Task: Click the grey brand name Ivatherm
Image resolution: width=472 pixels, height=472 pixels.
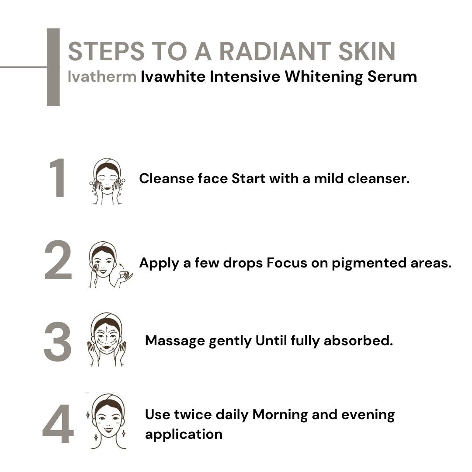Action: pyautogui.click(x=102, y=77)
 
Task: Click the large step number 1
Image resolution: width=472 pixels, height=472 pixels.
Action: pyautogui.click(x=59, y=179)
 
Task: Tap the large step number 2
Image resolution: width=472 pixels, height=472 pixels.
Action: pyautogui.click(x=58, y=261)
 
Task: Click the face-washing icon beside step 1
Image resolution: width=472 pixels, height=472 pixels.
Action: pyautogui.click(x=107, y=181)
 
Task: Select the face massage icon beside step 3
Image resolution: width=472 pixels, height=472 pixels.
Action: pyautogui.click(x=107, y=340)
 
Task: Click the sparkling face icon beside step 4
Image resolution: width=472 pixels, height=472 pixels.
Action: pyautogui.click(x=107, y=420)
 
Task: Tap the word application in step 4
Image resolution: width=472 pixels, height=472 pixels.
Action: pyautogui.click(x=184, y=434)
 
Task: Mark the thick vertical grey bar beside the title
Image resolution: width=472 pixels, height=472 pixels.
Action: pyautogui.click(x=53, y=67)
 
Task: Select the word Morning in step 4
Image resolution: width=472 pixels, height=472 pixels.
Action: pyautogui.click(x=280, y=414)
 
